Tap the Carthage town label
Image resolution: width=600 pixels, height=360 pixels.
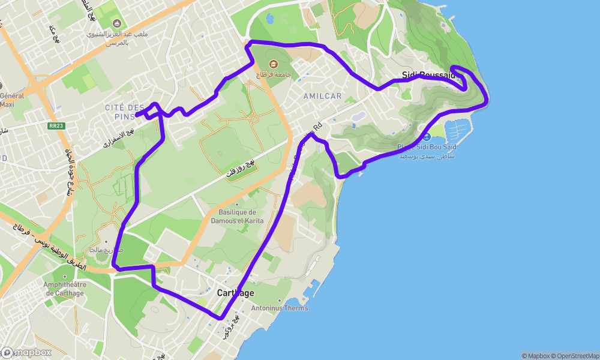click(235, 293)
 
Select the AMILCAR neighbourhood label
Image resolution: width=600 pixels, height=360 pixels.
click(322, 96)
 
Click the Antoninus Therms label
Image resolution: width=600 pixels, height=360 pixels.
click(280, 308)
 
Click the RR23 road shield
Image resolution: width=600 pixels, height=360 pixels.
click(56, 126)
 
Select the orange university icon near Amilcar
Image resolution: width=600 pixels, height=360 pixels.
click(273, 64)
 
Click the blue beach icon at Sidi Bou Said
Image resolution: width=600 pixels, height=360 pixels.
click(426, 137)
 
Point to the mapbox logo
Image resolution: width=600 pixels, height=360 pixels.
click(27, 353)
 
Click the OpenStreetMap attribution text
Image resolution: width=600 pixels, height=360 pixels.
click(578, 356)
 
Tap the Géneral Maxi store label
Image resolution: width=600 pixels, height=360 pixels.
click(12, 100)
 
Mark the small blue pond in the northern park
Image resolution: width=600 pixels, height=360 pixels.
click(270, 19)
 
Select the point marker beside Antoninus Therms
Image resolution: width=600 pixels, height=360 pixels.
click(280, 301)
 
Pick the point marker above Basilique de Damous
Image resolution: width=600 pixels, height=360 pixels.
click(237, 204)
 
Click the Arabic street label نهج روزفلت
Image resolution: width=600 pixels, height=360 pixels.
click(241, 169)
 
